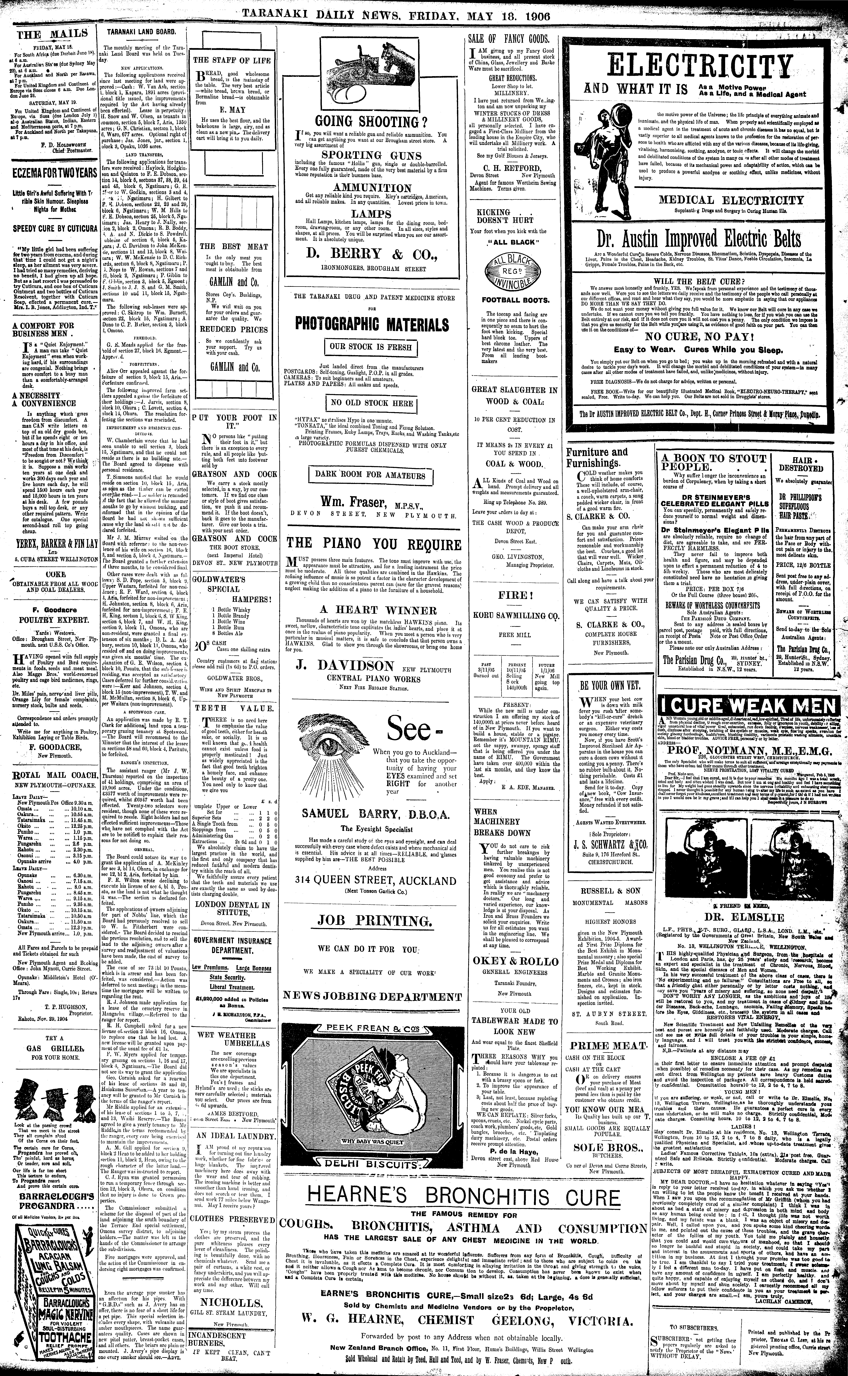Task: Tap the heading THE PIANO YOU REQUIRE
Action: (374, 544)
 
